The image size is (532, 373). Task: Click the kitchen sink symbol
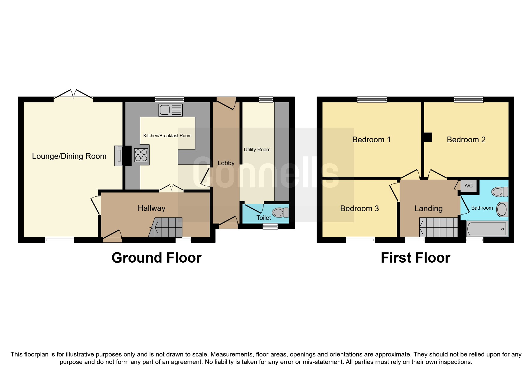pos(170,110)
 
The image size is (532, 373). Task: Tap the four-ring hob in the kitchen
pos(141,155)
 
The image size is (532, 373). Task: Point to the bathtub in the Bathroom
pos(487,229)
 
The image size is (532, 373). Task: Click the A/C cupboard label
pos(468,186)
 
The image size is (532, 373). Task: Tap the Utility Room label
pos(257,150)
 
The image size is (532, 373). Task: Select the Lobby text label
pos(226,163)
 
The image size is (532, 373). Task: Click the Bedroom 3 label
pos(359,208)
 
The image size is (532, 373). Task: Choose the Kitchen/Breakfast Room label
pos(167,136)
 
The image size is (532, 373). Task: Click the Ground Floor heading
pos(157,258)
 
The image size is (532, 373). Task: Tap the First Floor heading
pos(415,258)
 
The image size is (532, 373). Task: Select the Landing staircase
pos(439,227)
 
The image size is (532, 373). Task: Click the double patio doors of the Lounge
pos(73,94)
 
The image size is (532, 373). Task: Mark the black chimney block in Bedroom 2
pos(428,137)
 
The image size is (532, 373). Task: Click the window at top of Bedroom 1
pos(372,99)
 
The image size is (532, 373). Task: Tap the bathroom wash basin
pos(502,209)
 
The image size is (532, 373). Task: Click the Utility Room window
pos(266,100)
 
